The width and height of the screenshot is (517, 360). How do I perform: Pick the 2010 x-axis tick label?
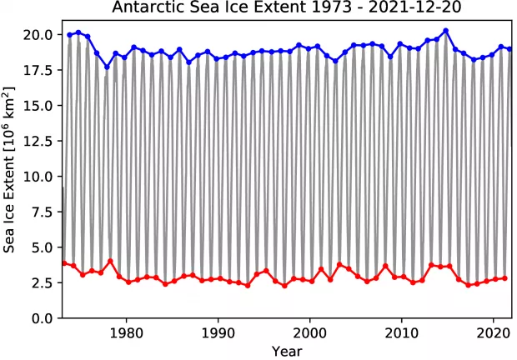coord(401,332)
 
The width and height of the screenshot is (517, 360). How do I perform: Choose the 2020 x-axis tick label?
coord(493,332)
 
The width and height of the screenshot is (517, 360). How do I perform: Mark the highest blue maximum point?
coord(446,31)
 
